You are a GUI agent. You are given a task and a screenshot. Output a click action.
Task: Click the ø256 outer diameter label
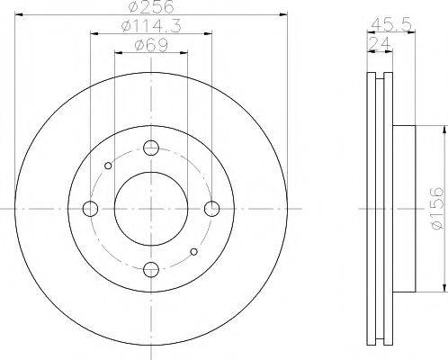[x=150, y=10]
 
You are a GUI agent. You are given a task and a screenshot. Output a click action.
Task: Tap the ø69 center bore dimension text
[x=150, y=48]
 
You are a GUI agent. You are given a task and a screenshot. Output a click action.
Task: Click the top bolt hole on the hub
[x=150, y=148]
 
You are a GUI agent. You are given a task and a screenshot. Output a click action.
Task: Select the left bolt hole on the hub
[x=89, y=209]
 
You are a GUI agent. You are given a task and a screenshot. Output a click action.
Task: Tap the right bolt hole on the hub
[x=212, y=209]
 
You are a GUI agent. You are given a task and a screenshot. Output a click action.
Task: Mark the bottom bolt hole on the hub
[x=150, y=268]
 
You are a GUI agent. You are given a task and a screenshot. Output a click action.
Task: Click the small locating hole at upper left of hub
[x=108, y=165]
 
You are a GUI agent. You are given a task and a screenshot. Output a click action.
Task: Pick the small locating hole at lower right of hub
[x=193, y=252]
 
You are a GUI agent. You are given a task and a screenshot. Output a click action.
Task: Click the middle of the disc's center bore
[x=150, y=209]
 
